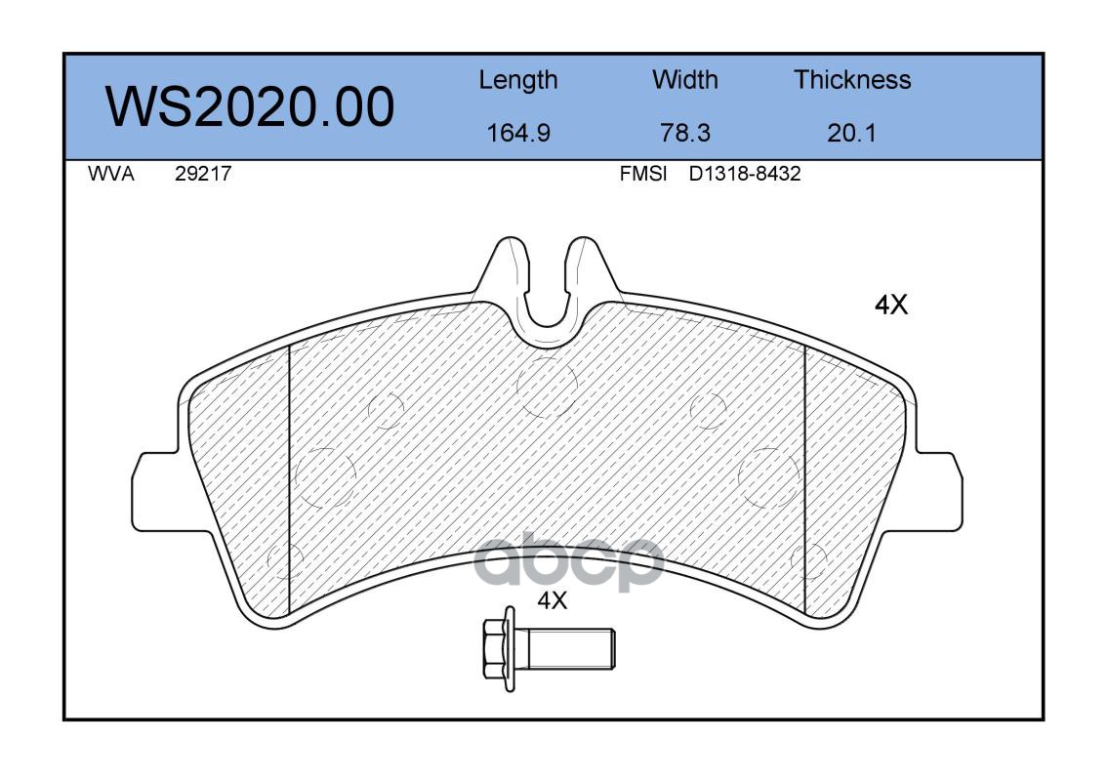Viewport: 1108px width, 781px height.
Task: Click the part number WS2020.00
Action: pos(250,106)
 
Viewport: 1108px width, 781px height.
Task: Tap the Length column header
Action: pos(518,81)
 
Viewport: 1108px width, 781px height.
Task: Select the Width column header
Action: pos(684,79)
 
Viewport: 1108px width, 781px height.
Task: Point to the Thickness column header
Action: pos(852,79)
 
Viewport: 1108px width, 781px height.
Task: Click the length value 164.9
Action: pos(518,133)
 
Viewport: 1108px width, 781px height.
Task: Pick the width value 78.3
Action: pos(684,133)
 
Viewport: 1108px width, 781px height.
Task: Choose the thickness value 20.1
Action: pos(851,133)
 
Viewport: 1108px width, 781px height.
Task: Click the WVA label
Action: pos(111,174)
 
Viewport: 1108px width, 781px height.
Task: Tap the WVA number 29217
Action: pos(203,174)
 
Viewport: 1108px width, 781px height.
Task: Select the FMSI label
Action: pos(642,174)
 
